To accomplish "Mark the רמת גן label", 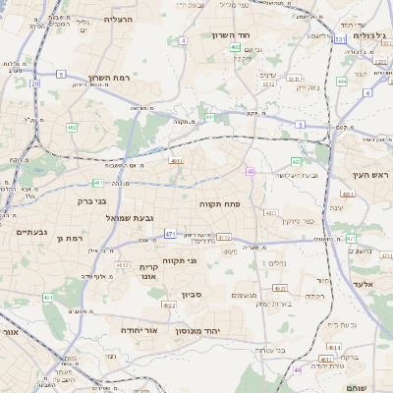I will pyautogui.click(x=73, y=238).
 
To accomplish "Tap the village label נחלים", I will pyautogui.click(x=277, y=263).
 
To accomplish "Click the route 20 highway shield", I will pyautogui.click(x=35, y=84).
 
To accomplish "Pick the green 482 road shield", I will pyautogui.click(x=72, y=127).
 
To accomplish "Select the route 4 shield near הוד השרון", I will pyautogui.click(x=183, y=40).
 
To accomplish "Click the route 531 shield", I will pyautogui.click(x=339, y=40).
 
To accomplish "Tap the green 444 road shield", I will pyautogui.click(x=342, y=82).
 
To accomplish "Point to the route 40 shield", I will pyautogui.click(x=251, y=171).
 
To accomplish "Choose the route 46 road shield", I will pyautogui.click(x=298, y=370).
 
